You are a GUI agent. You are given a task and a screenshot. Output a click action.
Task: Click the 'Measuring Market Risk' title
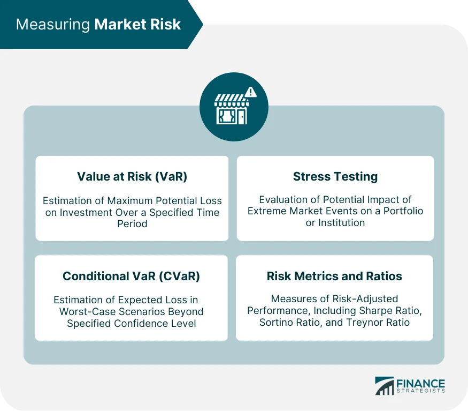click(x=98, y=25)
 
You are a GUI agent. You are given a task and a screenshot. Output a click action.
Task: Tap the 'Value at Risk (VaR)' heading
click(x=132, y=177)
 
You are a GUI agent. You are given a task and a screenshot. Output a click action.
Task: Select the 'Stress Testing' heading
click(x=335, y=177)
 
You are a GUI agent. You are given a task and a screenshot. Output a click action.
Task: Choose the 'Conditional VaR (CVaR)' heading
click(x=131, y=276)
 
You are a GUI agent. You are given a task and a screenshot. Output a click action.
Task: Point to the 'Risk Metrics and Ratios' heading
click(x=334, y=276)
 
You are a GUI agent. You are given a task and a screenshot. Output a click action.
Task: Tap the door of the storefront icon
click(x=241, y=117)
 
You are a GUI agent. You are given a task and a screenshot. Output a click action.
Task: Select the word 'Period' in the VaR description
click(x=132, y=223)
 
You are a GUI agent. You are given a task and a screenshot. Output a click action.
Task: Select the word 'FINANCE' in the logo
click(x=420, y=383)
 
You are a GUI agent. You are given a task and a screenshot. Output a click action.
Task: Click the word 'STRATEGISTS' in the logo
click(x=420, y=392)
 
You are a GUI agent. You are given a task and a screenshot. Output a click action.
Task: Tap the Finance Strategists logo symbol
click(x=383, y=386)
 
